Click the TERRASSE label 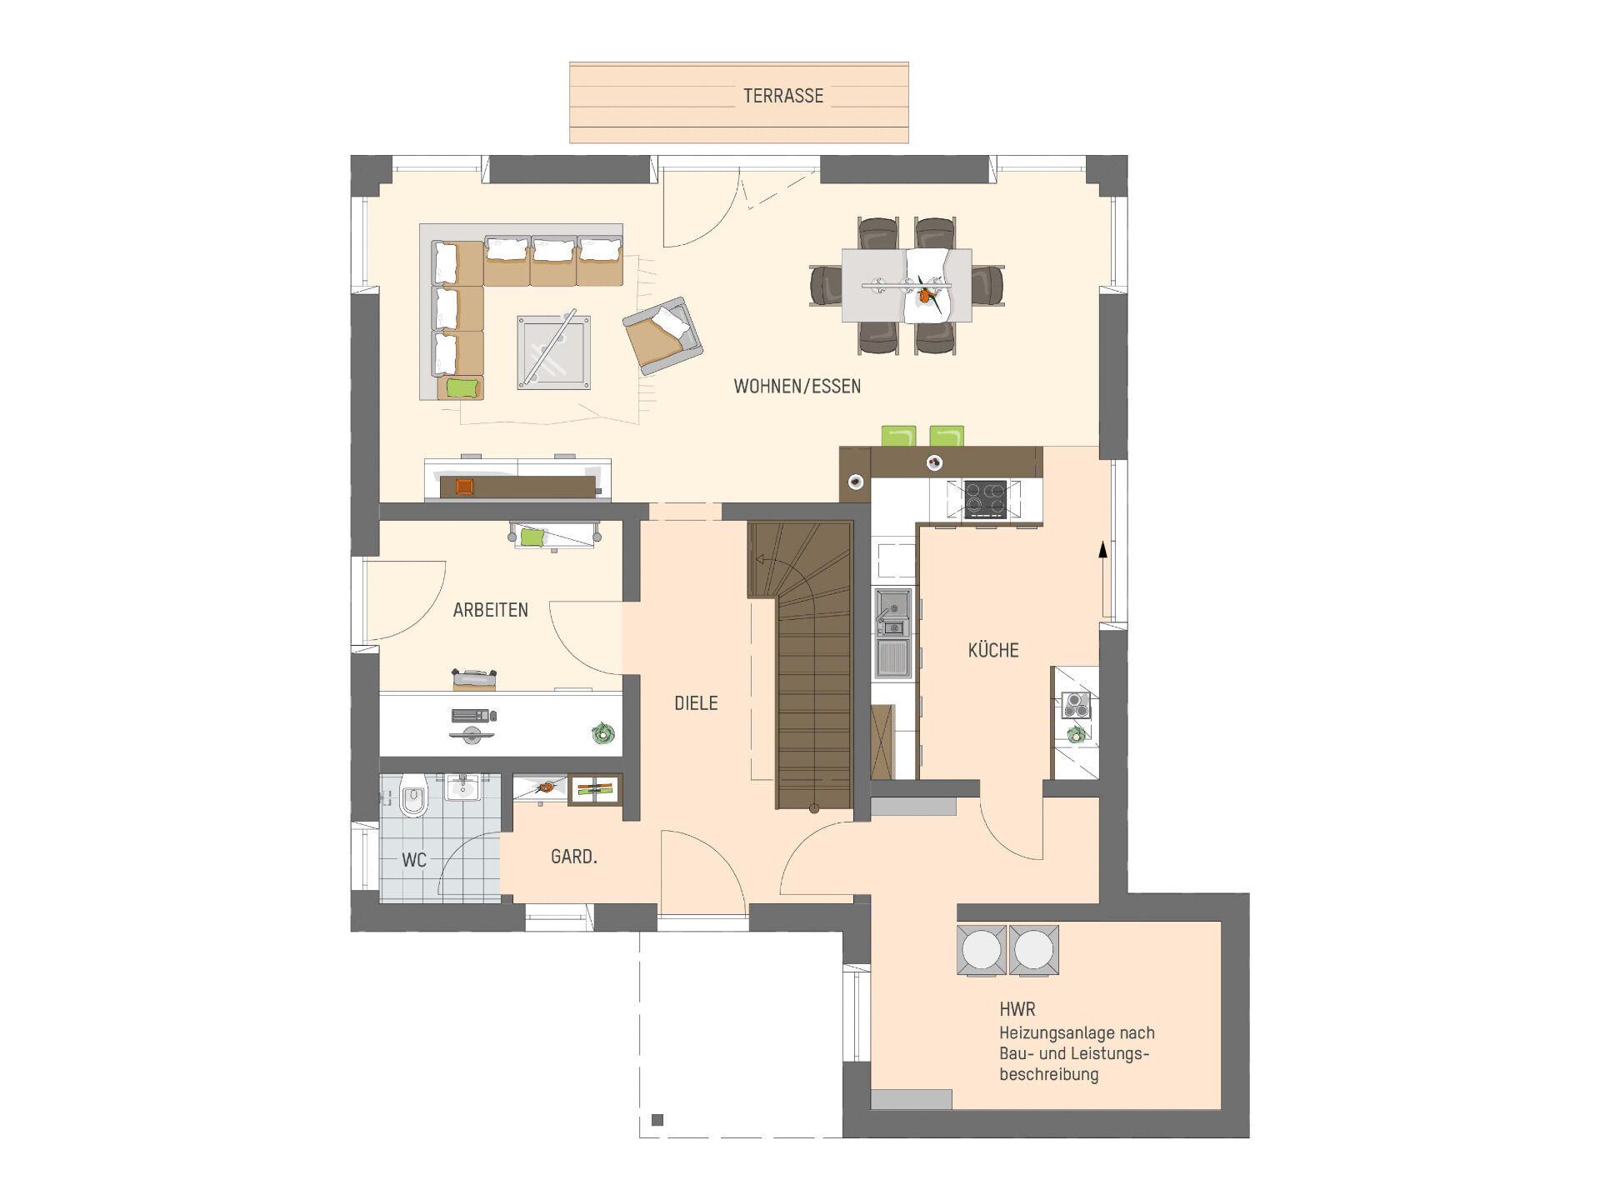783,96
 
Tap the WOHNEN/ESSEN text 797,387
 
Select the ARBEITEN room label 491,610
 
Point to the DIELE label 696,703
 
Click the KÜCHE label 993,650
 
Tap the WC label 414,860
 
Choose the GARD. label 574,857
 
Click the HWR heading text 1017,1009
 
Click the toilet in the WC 413,796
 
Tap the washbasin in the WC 462,787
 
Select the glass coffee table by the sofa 553,352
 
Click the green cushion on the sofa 462,387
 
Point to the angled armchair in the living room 663,336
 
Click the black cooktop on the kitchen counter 985,499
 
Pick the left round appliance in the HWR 982,949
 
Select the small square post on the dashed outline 657,1120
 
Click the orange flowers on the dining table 925,294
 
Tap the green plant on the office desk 602,733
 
